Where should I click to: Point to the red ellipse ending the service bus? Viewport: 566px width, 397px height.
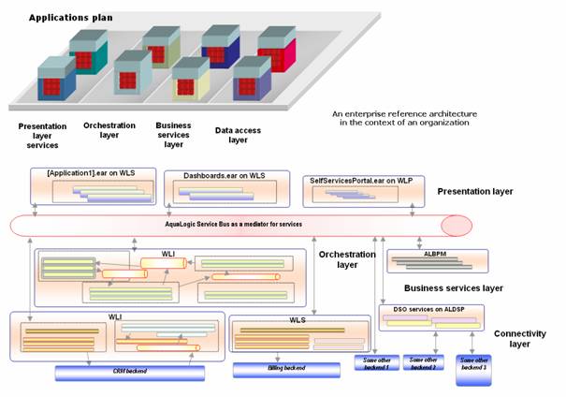point(456,226)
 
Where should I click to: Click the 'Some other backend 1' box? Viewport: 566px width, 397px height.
point(379,361)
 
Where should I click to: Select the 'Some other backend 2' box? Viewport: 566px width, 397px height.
point(426,361)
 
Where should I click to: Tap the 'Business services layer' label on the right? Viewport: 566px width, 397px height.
point(453,287)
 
